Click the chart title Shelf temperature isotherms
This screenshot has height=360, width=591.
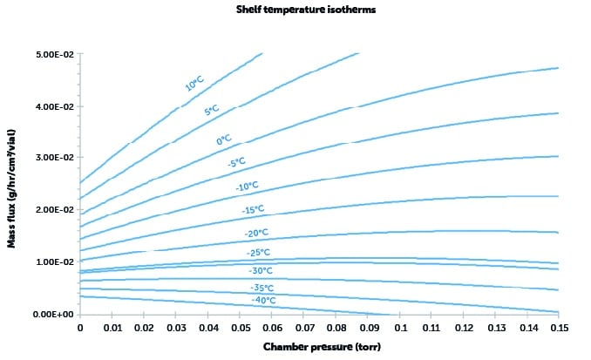click(x=294, y=10)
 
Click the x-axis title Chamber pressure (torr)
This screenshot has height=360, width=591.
click(x=318, y=348)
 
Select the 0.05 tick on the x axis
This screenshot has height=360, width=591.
click(x=239, y=328)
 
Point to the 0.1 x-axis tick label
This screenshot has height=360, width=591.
click(x=398, y=328)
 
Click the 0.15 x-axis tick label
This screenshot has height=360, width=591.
click(x=558, y=328)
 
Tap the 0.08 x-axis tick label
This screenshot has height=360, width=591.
click(x=335, y=328)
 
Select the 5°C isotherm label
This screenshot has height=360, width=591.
click(x=211, y=110)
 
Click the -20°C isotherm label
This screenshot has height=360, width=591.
click(x=258, y=233)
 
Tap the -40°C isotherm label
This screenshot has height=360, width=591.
click(x=264, y=301)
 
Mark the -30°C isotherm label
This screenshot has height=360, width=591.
click(x=262, y=269)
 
